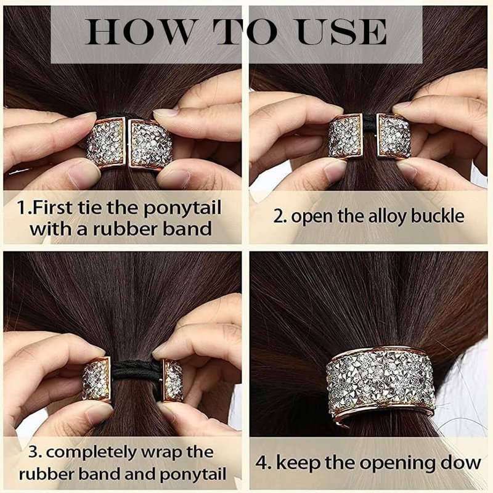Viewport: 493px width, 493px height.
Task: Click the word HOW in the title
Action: pos(140,32)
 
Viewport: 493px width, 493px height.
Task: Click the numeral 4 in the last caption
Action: pos(261,463)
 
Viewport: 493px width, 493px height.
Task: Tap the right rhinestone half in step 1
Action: pos(149,144)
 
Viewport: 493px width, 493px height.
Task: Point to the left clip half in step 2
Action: pos(346,136)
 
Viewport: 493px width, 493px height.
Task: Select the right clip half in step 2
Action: pos(394,136)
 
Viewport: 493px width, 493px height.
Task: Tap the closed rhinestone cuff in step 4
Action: pos(380,381)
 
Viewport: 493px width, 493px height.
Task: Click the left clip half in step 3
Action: pos(97,378)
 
